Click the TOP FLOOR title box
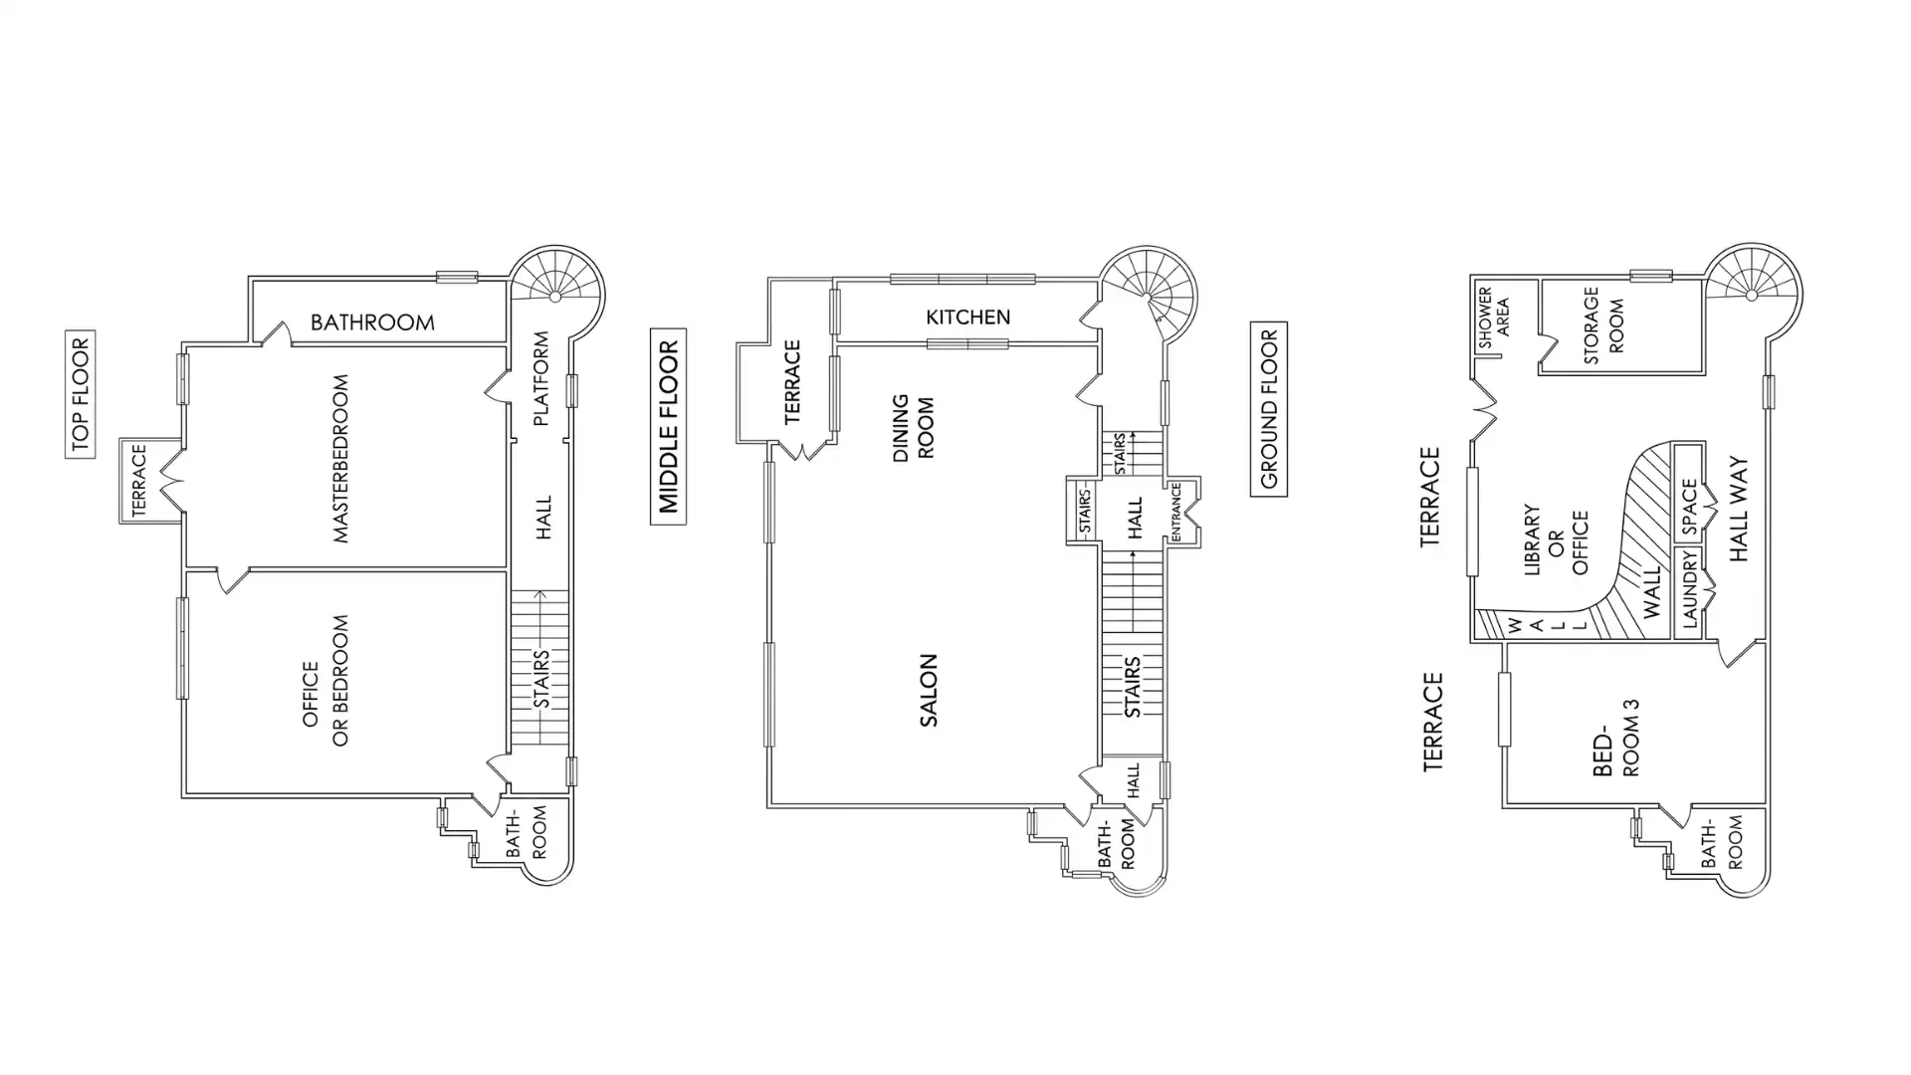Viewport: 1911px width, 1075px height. pos(81,393)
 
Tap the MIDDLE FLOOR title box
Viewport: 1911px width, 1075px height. pos(668,426)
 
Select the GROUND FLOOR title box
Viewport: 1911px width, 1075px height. pos(1269,409)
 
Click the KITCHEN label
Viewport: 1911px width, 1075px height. pos(967,317)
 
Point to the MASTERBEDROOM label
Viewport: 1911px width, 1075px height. pos(341,458)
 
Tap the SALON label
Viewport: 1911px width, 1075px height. pos(929,690)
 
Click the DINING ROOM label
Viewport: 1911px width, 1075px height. pos(913,428)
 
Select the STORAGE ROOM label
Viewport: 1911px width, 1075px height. pos(1602,325)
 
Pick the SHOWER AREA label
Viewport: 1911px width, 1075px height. pos(1493,319)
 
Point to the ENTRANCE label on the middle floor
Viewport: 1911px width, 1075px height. pos(1175,513)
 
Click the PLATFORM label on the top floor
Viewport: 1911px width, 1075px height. pos(541,378)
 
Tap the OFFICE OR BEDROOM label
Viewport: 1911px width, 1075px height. pos(325,681)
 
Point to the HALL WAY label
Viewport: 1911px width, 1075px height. pos(1739,510)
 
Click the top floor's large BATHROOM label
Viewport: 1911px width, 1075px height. pos(372,322)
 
